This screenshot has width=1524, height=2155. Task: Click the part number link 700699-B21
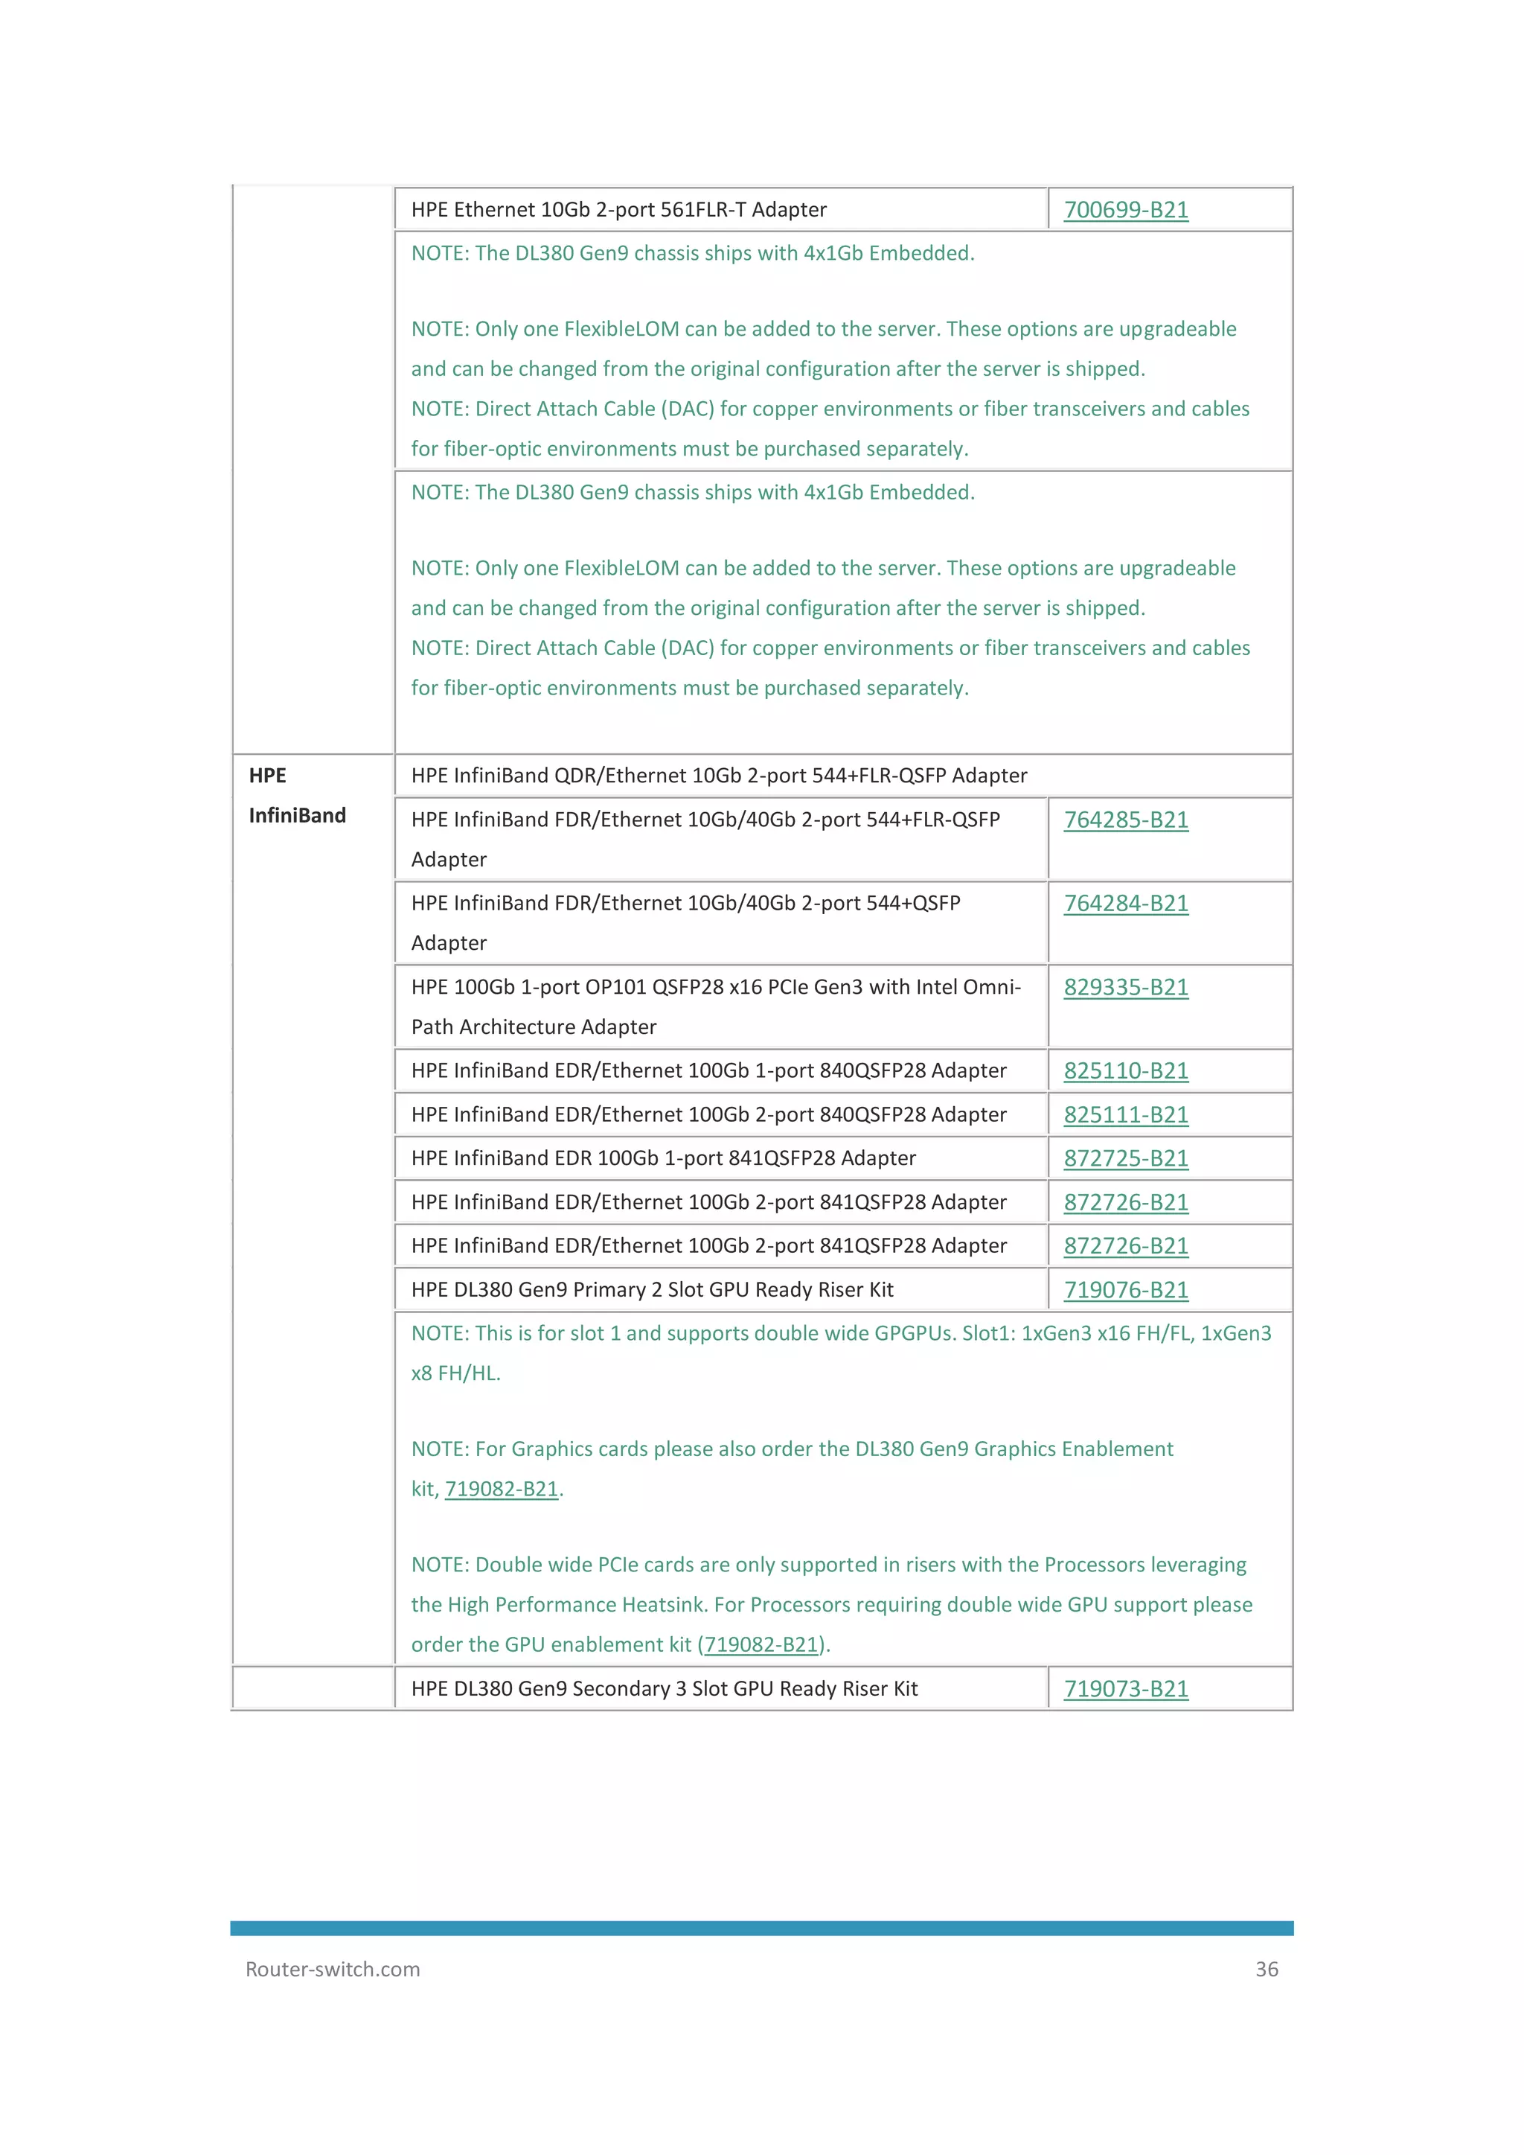1125,210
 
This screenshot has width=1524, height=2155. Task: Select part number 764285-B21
1125,820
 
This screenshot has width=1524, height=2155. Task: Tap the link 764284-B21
1125,904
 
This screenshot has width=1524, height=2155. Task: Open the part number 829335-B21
1125,987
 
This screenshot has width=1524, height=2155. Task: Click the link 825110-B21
1125,1071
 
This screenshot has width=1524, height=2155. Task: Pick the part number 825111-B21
1125,1115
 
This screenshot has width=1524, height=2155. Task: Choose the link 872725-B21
1125,1159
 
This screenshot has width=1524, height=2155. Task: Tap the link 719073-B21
1125,1690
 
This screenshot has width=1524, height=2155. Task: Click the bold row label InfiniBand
297,816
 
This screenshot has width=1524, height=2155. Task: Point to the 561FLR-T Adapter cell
618,210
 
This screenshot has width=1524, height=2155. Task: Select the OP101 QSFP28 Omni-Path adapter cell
715,1006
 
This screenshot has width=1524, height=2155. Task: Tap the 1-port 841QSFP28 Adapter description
662,1159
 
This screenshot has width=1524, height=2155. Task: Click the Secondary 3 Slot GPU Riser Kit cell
664,1690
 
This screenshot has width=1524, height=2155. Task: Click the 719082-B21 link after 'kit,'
501,1490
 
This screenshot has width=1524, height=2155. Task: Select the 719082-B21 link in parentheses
761,1645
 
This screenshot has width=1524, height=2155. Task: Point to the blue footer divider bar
761,1928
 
